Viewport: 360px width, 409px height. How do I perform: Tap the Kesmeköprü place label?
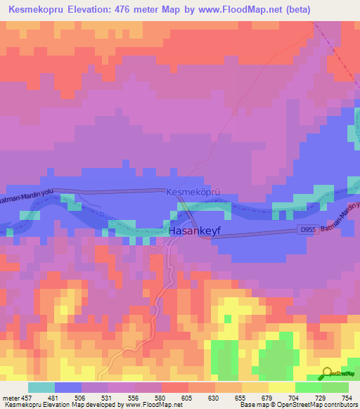194,191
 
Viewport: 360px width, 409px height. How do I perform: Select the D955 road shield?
308,230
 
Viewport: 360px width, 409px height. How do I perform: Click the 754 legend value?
347,398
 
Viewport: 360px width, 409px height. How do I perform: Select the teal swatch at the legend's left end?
41,387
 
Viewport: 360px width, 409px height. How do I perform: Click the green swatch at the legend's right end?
335,387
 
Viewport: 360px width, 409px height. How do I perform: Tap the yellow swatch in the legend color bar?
281,387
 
